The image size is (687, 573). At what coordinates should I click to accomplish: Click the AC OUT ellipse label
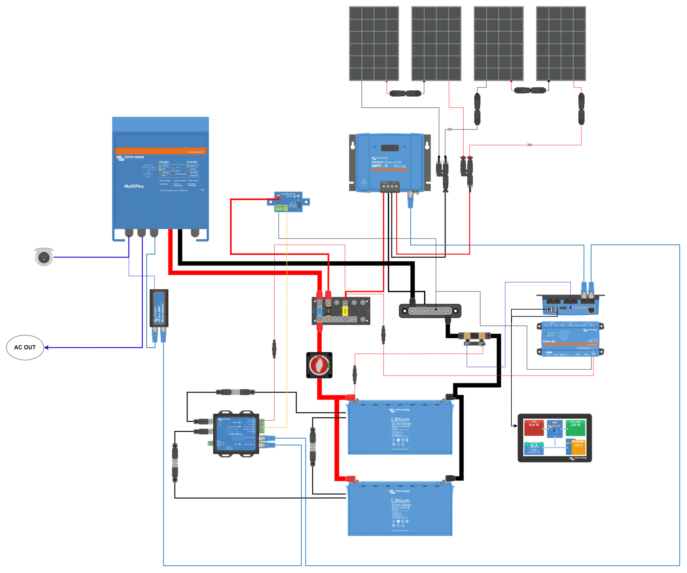[x=25, y=347]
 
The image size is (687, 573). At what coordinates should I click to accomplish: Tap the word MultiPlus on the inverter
[x=134, y=186]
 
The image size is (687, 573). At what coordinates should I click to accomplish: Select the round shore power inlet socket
[x=43, y=256]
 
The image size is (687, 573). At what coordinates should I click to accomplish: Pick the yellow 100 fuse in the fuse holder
[x=345, y=310]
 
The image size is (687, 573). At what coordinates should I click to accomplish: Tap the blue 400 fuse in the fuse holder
[x=320, y=311]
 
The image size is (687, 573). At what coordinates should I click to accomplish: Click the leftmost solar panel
[x=373, y=43]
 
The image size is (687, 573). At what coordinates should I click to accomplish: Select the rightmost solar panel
[x=561, y=43]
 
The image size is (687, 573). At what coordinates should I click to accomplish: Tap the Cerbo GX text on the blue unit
[x=549, y=341]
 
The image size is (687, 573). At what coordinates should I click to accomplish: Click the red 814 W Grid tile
[x=533, y=427]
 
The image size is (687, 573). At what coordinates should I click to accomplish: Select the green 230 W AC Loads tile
[x=575, y=427]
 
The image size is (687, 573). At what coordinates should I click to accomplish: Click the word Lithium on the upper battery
[x=400, y=419]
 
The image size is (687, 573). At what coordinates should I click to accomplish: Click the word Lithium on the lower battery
[x=400, y=501]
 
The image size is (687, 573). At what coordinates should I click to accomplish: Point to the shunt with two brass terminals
[x=475, y=335]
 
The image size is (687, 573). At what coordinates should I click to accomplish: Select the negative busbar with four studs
[x=430, y=311]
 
